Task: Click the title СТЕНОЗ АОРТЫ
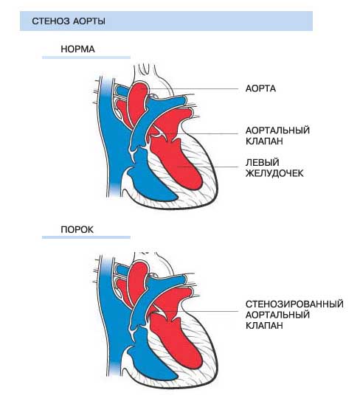[x=69, y=21]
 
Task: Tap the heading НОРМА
[x=77, y=49]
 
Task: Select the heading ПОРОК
[x=77, y=229]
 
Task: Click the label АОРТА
[x=260, y=88]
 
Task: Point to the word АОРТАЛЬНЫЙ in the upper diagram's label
[x=277, y=130]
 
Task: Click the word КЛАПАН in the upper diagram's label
[x=264, y=141]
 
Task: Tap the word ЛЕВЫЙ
[x=262, y=162]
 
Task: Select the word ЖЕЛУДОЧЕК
[x=274, y=173]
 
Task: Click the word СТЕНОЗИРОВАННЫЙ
[x=294, y=304]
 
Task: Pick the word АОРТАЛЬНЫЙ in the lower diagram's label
[x=277, y=315]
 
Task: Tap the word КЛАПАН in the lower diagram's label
[x=264, y=326]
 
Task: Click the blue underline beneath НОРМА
[x=86, y=57]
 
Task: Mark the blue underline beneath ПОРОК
[x=86, y=237]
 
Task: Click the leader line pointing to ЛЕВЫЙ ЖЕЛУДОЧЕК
[x=208, y=167]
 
